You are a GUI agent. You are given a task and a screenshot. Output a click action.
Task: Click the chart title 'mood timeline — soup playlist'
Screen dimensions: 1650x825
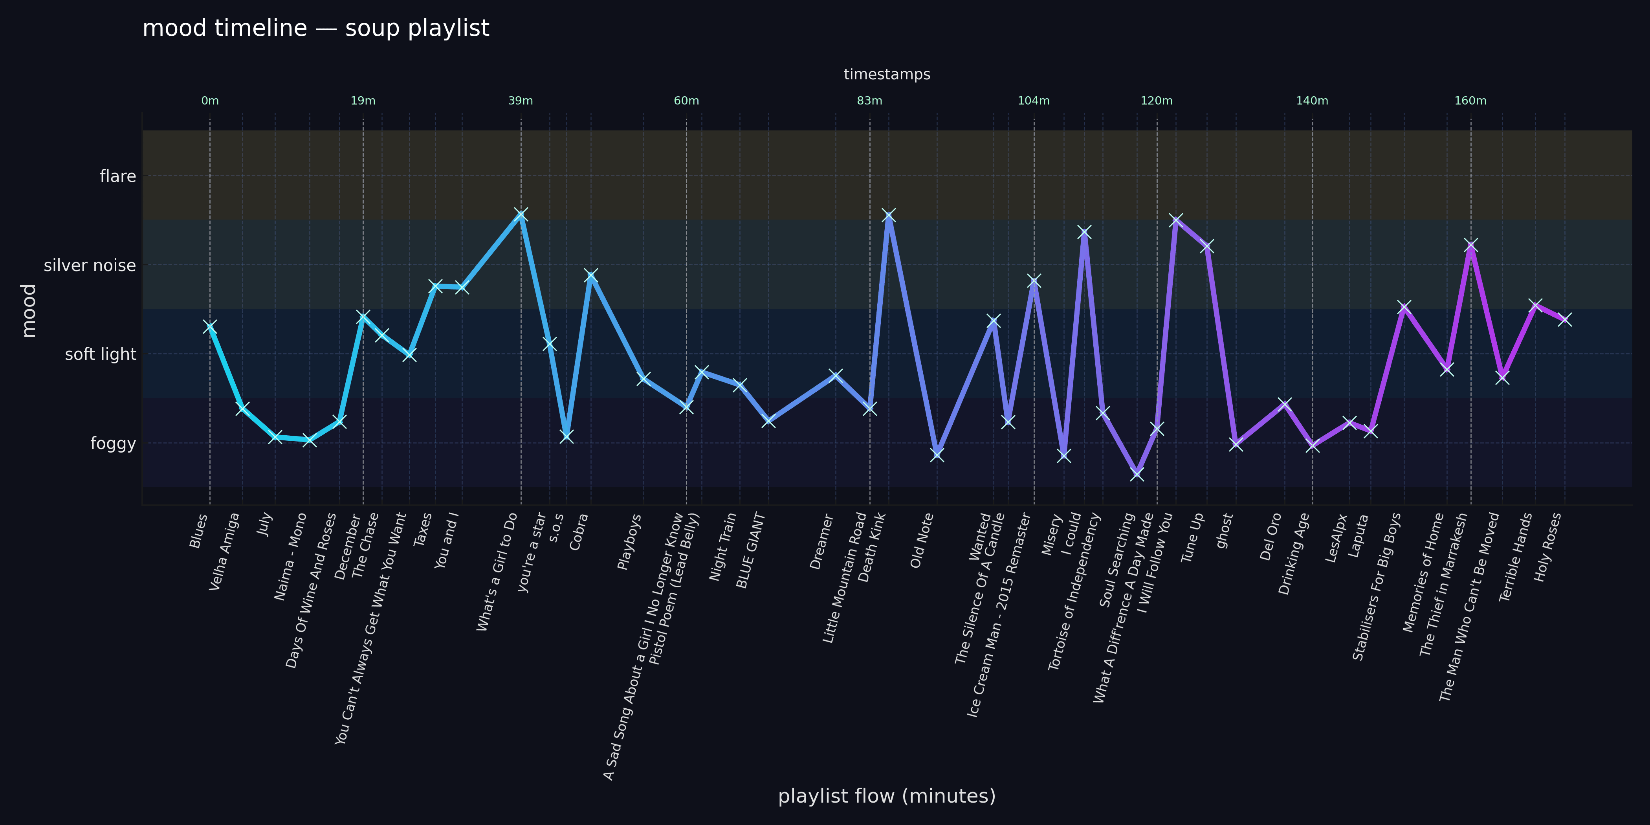(x=316, y=28)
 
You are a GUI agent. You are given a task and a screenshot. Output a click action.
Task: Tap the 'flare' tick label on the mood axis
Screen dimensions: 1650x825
(x=118, y=176)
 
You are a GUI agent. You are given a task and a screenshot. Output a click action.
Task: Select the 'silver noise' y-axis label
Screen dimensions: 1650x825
(x=90, y=265)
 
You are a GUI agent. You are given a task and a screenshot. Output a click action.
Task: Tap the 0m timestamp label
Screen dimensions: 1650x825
(x=210, y=101)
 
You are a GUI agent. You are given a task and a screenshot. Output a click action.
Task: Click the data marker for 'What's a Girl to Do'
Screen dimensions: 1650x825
(x=521, y=214)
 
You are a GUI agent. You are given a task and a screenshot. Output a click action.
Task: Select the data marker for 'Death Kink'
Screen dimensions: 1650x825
(x=888, y=215)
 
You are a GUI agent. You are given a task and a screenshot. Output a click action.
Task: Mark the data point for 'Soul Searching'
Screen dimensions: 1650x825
(x=1137, y=473)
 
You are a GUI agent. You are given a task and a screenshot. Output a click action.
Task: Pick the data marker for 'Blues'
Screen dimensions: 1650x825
(x=210, y=327)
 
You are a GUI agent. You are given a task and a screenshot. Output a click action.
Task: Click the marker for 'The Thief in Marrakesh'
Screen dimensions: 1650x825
(x=1470, y=245)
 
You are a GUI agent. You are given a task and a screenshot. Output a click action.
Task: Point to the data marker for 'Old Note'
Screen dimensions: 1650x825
(x=937, y=453)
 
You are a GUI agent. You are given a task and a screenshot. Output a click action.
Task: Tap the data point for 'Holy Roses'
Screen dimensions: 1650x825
(x=1565, y=319)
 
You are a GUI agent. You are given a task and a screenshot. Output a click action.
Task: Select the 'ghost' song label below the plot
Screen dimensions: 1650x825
(x=1224, y=530)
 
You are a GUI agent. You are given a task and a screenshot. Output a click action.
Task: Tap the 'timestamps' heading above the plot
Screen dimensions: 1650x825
(x=887, y=74)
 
